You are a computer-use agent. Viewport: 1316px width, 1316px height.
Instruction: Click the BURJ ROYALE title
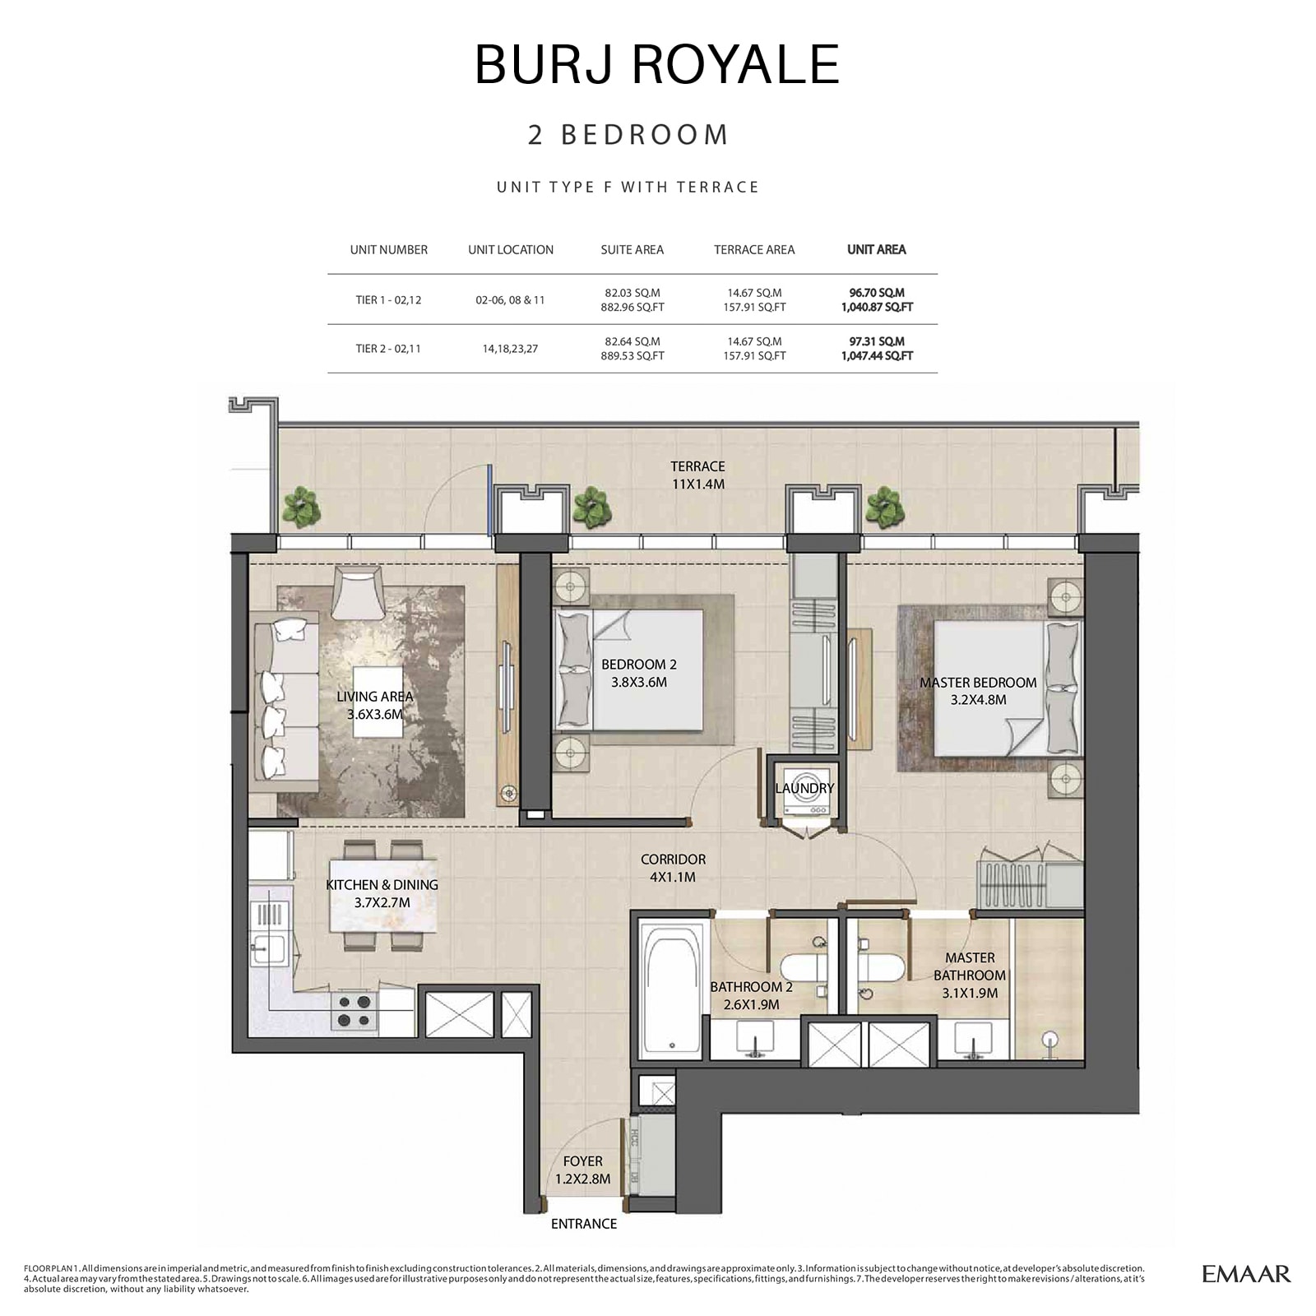pos(656,64)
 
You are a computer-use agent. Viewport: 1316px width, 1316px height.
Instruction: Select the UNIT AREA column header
pos(876,249)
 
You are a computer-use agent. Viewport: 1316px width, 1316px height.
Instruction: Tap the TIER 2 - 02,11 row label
pos(388,349)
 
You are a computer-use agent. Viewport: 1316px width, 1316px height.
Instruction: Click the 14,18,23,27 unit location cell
pos(510,349)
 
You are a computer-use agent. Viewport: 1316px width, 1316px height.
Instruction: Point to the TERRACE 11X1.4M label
pos(697,475)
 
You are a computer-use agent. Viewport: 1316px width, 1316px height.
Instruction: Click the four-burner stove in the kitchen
pos(354,1011)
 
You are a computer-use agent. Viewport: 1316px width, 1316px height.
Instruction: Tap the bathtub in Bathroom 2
pos(673,992)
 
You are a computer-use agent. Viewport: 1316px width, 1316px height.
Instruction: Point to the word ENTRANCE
pos(584,1224)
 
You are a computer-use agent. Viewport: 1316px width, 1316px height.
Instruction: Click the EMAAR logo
pos(1246,1274)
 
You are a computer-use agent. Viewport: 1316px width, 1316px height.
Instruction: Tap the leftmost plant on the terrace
pos(301,507)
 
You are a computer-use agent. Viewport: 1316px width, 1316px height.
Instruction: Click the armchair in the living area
pos(358,594)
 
